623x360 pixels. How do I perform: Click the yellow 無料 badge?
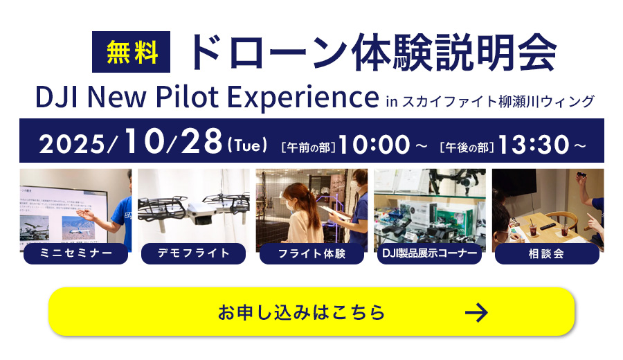click(x=131, y=52)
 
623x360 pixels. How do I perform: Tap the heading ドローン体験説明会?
click(x=374, y=52)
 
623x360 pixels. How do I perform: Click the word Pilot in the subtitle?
click(x=187, y=96)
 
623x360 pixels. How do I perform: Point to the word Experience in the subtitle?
click(x=303, y=98)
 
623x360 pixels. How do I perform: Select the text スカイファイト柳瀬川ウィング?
click(x=498, y=101)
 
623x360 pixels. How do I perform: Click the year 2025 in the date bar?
click(x=72, y=144)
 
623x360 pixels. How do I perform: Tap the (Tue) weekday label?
click(x=247, y=145)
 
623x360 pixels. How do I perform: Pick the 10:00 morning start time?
click(x=374, y=144)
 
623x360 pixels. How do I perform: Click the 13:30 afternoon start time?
click(x=534, y=144)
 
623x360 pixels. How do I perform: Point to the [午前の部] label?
click(x=308, y=147)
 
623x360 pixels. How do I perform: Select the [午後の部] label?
click(x=467, y=147)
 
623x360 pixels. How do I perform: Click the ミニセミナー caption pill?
click(x=76, y=253)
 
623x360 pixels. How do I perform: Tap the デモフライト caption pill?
click(x=194, y=253)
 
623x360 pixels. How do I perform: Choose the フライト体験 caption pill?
click(x=311, y=253)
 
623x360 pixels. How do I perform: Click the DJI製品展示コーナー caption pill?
click(x=429, y=253)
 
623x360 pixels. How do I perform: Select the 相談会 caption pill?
click(x=547, y=253)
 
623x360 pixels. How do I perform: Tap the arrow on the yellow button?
click(x=476, y=312)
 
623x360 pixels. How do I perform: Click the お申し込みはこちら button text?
click(x=301, y=312)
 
